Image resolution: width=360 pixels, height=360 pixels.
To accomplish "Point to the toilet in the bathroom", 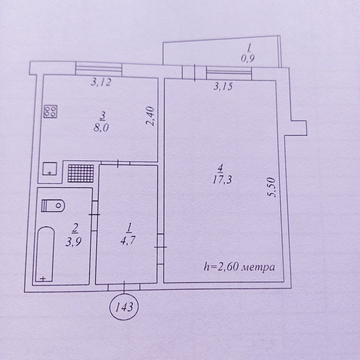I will [53, 206].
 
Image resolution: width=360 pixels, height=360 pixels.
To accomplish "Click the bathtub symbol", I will [45, 254].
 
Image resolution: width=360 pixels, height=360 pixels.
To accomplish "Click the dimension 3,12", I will [101, 82].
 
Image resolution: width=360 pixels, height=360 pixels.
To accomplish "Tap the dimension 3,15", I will [224, 86].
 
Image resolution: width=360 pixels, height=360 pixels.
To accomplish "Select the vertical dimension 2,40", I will [150, 116].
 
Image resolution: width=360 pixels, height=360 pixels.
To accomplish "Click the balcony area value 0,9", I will [248, 59].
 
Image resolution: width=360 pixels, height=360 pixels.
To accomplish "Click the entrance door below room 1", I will [124, 287].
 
